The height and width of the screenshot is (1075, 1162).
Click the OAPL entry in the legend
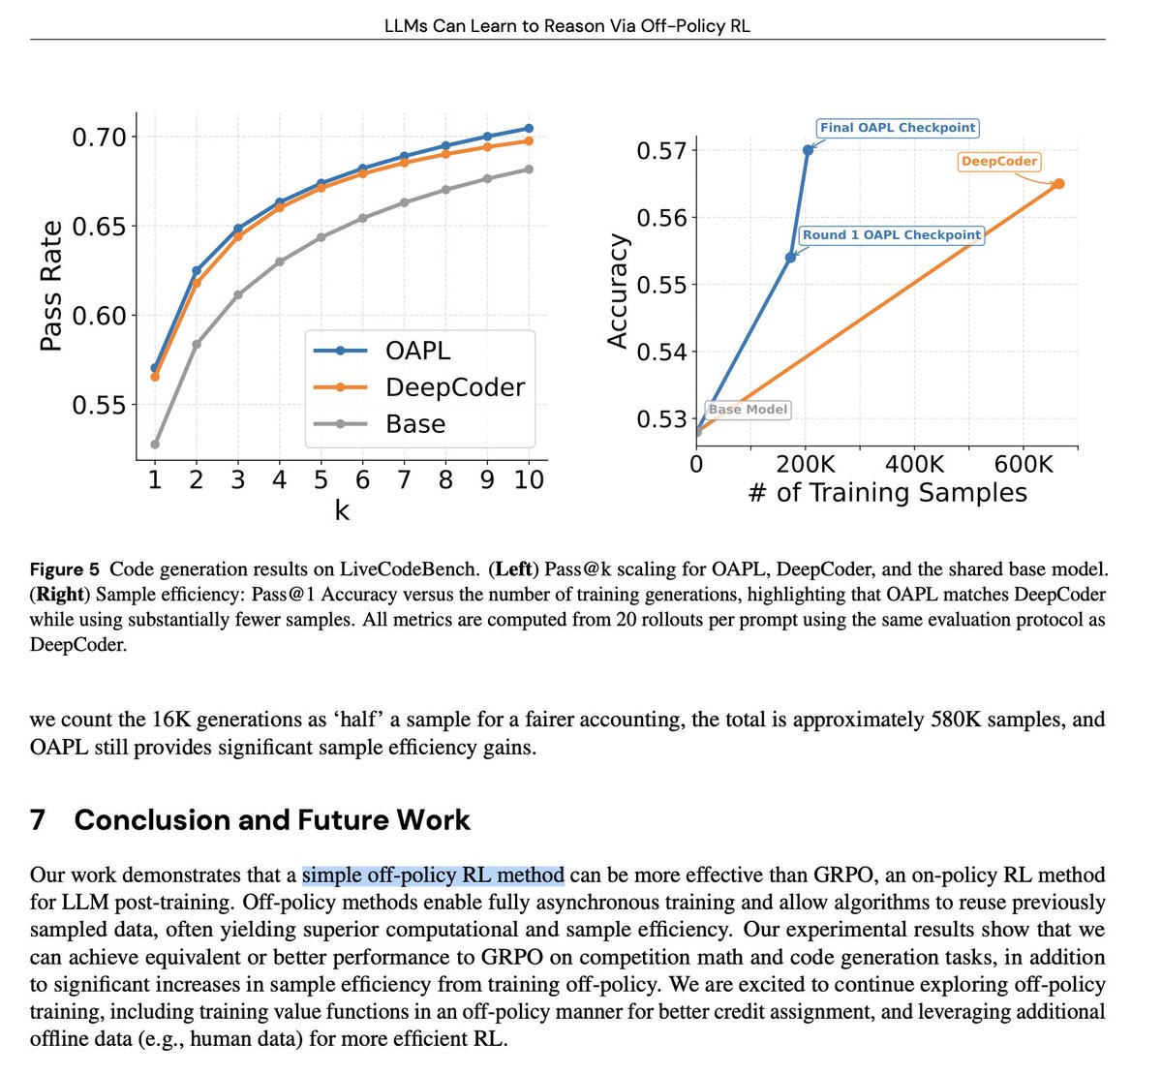point(417,351)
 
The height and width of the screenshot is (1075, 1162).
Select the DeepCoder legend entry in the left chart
point(454,387)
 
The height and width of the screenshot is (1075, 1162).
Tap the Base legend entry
point(415,424)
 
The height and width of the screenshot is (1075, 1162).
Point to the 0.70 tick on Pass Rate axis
point(99,137)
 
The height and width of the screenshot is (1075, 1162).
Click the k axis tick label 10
point(529,479)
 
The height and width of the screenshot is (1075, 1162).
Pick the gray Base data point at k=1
point(155,445)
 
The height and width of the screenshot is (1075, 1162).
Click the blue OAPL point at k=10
point(529,128)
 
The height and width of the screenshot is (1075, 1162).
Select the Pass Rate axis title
point(51,286)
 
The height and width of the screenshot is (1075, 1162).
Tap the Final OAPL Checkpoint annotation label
point(898,128)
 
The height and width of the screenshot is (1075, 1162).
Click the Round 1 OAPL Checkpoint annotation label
point(891,235)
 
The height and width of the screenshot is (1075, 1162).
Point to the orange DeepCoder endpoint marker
point(1058,183)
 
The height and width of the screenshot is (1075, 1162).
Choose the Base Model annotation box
point(748,410)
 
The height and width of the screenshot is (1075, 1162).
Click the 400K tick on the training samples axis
point(914,464)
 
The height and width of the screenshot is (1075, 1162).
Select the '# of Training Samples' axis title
point(887,493)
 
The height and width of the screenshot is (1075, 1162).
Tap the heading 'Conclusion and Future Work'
point(272,820)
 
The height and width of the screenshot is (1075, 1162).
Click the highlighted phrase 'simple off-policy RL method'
point(433,875)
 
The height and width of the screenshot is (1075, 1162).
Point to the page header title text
point(567,25)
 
